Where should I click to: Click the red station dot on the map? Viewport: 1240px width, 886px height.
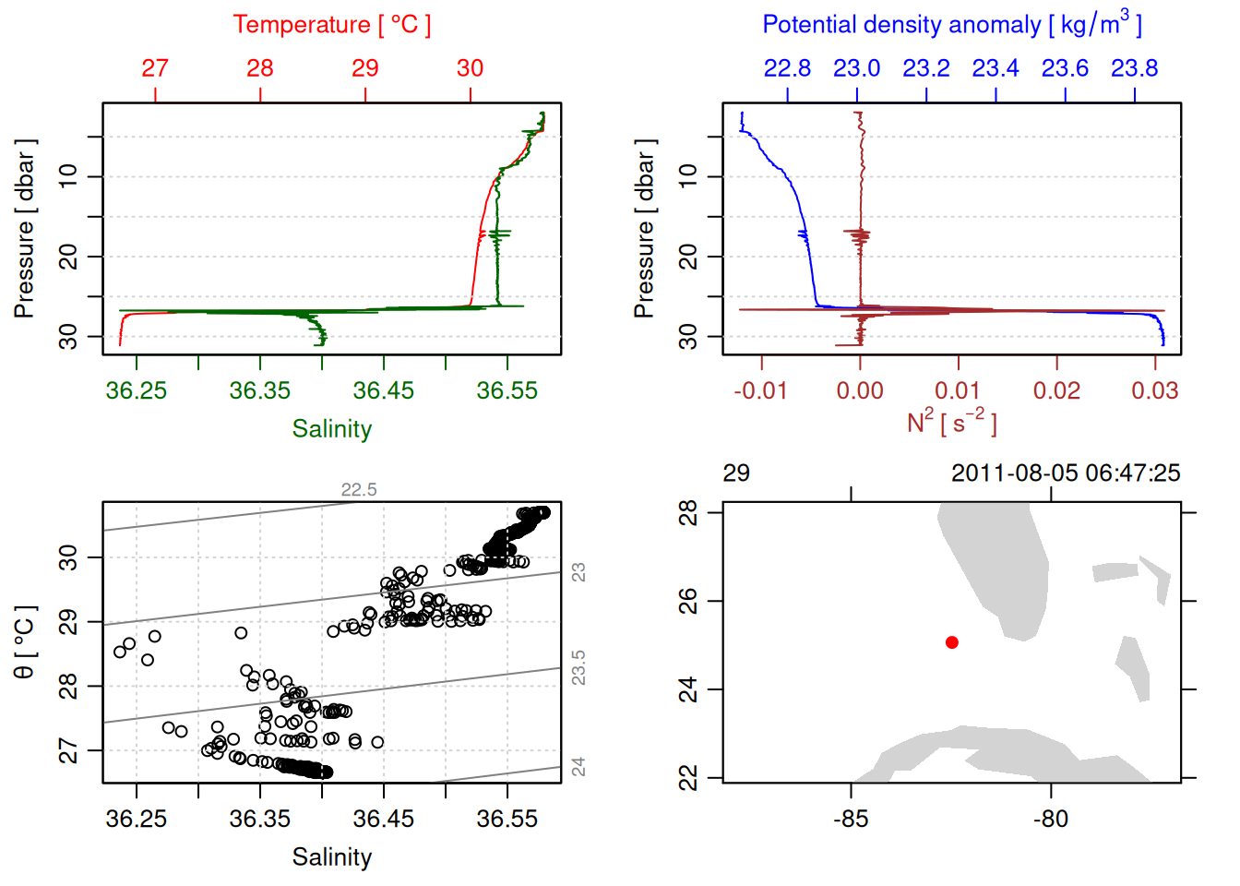951,642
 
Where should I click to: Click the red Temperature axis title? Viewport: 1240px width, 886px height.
331,25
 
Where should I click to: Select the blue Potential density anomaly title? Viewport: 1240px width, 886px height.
951,24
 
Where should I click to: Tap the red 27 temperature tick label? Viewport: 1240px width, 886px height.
155,68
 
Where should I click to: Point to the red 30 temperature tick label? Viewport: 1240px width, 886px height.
470,68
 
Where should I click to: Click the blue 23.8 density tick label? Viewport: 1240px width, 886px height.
1134,68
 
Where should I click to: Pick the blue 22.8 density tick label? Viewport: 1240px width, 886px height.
787,68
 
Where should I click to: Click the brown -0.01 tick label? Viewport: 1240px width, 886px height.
761,391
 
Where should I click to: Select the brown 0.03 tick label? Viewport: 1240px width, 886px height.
1154,391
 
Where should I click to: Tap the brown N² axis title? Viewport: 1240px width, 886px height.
951,423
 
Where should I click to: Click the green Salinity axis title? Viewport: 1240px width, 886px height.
331,429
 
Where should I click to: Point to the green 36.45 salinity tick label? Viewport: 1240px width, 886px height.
383,391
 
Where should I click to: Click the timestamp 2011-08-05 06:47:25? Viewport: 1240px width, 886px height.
1066,473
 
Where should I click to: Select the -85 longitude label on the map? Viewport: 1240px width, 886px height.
850,820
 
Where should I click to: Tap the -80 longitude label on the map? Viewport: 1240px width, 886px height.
1051,820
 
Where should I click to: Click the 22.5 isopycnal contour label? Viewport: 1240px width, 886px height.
359,490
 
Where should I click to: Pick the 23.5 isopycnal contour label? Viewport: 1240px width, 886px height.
578,668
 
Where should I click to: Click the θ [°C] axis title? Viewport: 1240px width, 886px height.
25,642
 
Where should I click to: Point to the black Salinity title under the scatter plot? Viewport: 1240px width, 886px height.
331,857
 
